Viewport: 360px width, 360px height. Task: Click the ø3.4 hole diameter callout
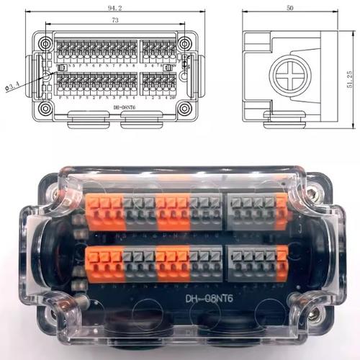14,86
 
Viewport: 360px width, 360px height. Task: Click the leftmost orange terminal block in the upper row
104,213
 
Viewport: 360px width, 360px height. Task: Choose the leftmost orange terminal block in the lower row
102,261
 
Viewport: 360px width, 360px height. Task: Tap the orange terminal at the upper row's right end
281,211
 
